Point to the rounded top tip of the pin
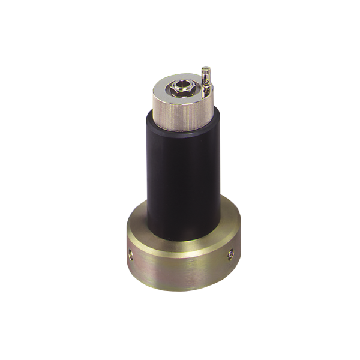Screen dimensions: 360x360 [205, 67]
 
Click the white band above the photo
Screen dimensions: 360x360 [180, 30]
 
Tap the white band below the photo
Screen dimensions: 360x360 [180, 330]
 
